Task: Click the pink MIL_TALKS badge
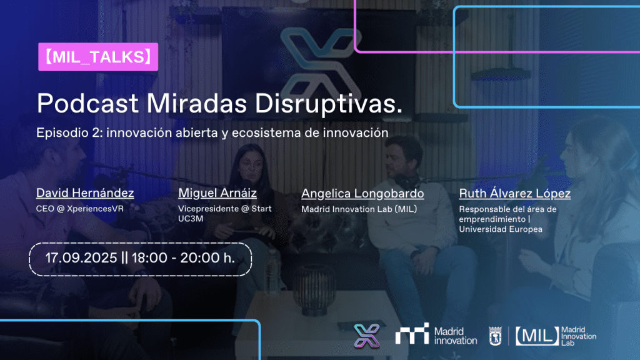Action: [x=98, y=57]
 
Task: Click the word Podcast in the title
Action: [x=87, y=103]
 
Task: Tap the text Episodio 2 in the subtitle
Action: [x=68, y=132]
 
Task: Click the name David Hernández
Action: [x=85, y=192]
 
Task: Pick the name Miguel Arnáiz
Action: [x=217, y=192]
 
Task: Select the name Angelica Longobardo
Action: [x=362, y=194]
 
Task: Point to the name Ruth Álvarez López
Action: [x=515, y=194]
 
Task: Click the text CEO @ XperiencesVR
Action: [x=79, y=209]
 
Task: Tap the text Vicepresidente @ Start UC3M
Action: [x=224, y=214]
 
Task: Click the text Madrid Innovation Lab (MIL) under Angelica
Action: [x=359, y=209]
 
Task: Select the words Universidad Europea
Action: [x=501, y=229]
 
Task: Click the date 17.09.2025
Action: [x=81, y=258]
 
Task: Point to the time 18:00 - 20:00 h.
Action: [x=183, y=258]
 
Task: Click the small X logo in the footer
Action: [x=366, y=336]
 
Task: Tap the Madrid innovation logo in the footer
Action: [x=436, y=335]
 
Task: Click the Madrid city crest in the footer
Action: [x=495, y=336]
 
